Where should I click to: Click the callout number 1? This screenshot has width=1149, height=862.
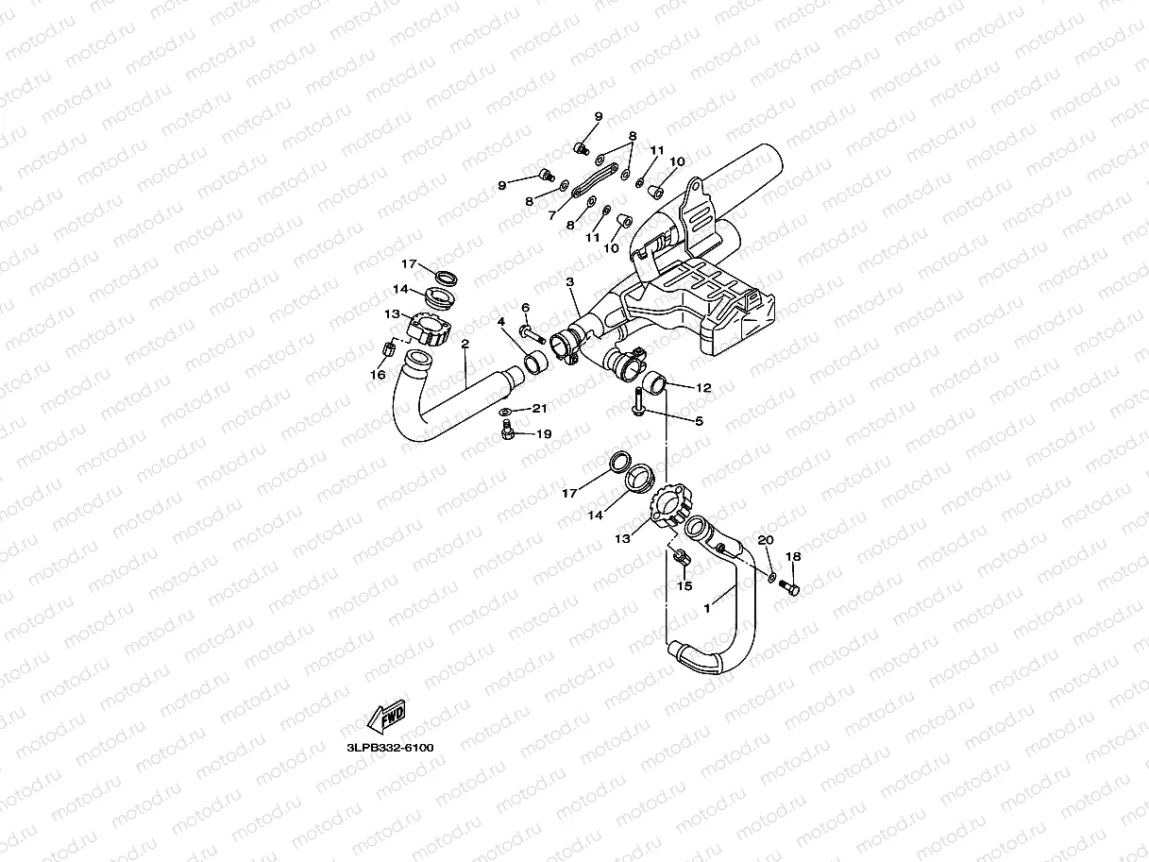[x=705, y=609]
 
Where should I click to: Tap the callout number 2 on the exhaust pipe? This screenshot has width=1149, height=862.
[x=465, y=344]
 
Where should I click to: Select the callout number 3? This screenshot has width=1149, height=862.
[x=570, y=281]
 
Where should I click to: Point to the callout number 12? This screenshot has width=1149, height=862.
[x=703, y=387]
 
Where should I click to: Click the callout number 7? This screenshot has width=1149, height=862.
[x=552, y=215]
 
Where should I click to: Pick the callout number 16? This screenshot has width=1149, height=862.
[x=378, y=375]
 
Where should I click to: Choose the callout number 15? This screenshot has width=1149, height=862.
[x=685, y=585]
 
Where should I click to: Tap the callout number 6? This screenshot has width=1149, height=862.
[x=526, y=307]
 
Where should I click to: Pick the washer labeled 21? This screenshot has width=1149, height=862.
[x=507, y=412]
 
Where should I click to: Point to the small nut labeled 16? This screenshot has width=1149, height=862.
[x=385, y=351]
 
